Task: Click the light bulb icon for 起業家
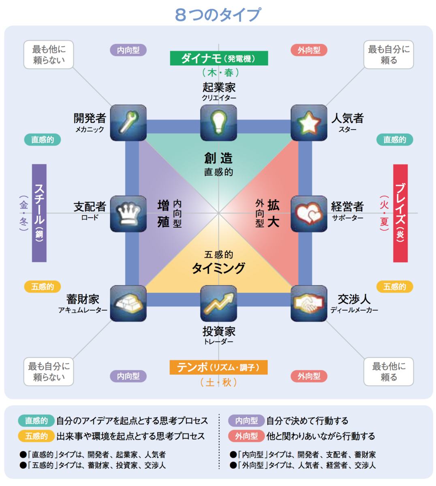(218, 123)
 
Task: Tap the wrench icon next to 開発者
(128, 123)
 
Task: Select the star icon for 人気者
(308, 123)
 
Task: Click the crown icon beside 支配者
(128, 213)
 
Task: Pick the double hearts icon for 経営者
(308, 213)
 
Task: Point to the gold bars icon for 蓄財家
(128, 303)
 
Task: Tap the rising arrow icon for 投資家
(218, 303)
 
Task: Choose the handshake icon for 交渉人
(308, 303)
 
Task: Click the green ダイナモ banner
(219, 58)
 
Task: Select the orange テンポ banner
(218, 367)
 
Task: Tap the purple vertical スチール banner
(39, 213)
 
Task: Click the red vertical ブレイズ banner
(400, 213)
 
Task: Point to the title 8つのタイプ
(218, 15)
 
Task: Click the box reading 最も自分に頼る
(388, 54)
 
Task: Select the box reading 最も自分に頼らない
(49, 371)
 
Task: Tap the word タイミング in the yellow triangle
(218, 268)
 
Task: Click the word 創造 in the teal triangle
(218, 158)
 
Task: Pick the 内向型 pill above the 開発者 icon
(128, 50)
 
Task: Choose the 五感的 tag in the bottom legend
(36, 436)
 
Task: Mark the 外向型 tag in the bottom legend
(246, 436)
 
